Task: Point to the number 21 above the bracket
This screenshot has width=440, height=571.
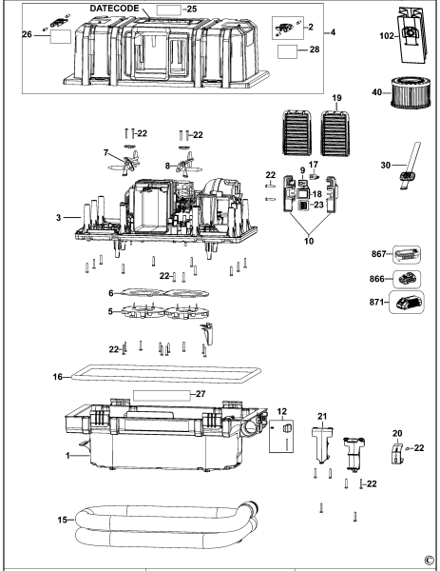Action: tap(322, 415)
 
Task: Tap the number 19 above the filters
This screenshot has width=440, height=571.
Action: tap(311, 98)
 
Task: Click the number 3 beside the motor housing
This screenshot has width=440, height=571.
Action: tap(59, 219)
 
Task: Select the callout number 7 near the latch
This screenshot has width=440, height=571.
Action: tap(105, 152)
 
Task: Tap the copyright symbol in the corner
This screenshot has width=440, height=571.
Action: tap(429, 561)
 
